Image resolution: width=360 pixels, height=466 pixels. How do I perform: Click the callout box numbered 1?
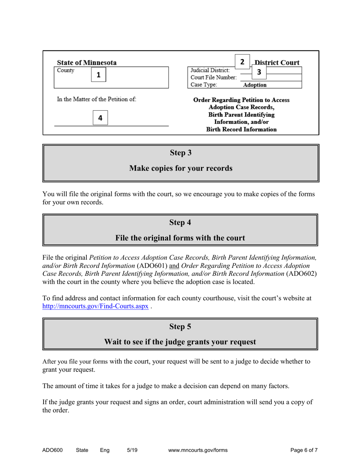tap(98, 75)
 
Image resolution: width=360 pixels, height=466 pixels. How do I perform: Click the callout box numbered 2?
tap(242, 61)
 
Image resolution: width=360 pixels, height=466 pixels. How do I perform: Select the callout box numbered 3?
tap(259, 72)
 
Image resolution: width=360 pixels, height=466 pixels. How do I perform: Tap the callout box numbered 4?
tap(100, 118)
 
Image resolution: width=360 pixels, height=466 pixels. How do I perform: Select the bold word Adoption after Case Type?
tap(255, 85)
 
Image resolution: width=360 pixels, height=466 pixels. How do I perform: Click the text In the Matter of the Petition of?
tap(97, 99)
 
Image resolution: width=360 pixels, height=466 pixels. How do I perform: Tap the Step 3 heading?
tap(181, 153)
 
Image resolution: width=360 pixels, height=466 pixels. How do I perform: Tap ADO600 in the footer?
tap(52, 450)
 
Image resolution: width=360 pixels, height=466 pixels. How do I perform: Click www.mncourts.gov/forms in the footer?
tap(197, 450)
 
